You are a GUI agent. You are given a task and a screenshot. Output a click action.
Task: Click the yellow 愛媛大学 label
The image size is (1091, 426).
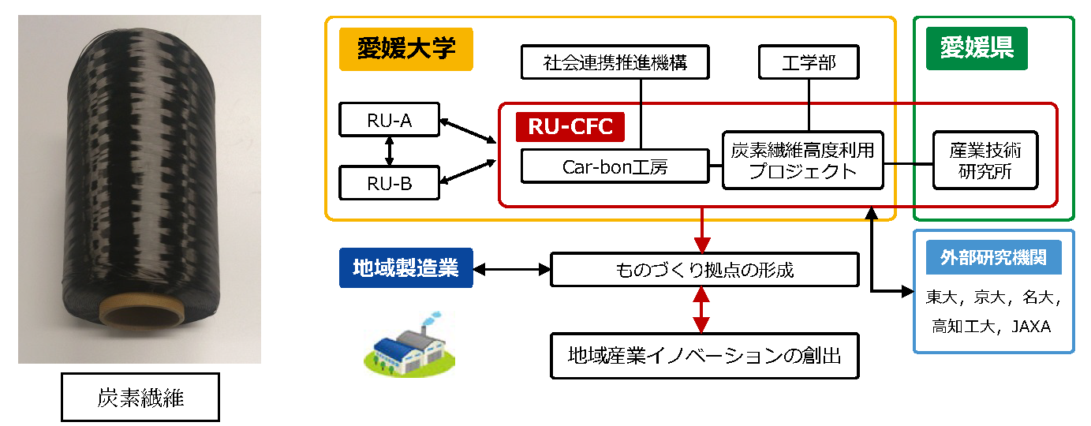405,49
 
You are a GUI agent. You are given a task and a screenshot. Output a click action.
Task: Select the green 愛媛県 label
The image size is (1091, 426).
977,48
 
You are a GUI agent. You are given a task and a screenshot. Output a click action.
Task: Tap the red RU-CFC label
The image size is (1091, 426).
570,127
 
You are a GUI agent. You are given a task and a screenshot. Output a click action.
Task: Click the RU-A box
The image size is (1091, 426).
389,120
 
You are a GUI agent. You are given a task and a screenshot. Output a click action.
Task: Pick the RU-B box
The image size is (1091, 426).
389,183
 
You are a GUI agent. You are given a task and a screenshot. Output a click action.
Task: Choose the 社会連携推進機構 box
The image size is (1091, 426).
615,62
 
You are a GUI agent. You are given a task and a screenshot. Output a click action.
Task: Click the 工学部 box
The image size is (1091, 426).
809,62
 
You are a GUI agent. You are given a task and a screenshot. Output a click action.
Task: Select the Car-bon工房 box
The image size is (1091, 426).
615,166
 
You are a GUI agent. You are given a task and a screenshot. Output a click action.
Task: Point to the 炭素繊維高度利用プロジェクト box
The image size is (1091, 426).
802,160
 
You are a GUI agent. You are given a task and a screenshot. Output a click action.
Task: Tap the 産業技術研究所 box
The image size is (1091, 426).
985,160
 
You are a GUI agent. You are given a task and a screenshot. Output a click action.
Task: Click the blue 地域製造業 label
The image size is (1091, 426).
405,267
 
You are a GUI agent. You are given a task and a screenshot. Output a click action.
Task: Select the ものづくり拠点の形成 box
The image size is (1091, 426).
704,269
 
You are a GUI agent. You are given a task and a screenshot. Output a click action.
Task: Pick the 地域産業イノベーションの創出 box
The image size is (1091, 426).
704,356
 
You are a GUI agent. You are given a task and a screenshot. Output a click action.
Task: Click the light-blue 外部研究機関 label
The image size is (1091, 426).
994,257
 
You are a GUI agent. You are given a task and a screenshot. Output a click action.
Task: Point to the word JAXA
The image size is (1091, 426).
1031,326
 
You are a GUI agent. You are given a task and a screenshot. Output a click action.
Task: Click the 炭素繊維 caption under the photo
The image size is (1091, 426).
140,398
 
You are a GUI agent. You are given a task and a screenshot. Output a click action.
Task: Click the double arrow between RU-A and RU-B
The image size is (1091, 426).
389,151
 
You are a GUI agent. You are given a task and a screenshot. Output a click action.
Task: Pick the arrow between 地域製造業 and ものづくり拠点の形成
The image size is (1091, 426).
511,269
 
